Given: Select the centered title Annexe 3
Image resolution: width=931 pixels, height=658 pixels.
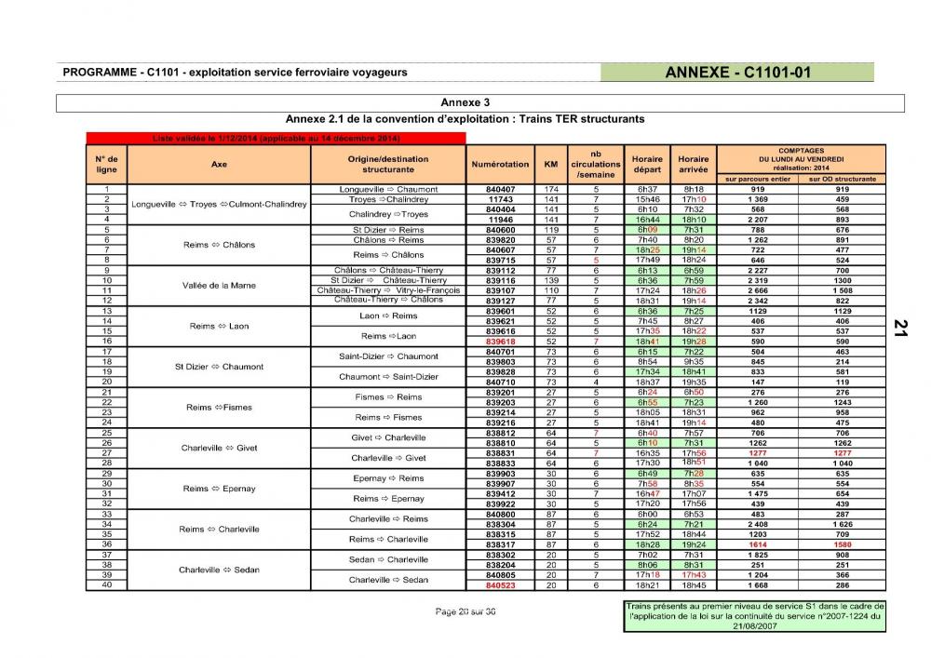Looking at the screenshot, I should pyautogui.click(x=465, y=102).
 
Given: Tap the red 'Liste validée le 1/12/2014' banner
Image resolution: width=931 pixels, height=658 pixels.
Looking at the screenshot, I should pyautogui.click(x=276, y=139).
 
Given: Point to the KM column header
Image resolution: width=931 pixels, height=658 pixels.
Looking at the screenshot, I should pyautogui.click(x=550, y=164).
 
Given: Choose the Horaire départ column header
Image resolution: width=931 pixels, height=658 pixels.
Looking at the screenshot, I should pyautogui.click(x=647, y=164).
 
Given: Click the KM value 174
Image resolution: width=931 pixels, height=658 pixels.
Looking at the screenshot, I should pyautogui.click(x=550, y=189).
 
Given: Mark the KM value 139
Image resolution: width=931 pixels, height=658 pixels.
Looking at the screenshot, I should pyautogui.click(x=550, y=280).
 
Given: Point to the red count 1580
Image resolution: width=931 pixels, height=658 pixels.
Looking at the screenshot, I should pyautogui.click(x=842, y=544).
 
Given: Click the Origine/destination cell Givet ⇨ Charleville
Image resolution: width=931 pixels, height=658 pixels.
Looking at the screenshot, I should pyautogui.click(x=388, y=437).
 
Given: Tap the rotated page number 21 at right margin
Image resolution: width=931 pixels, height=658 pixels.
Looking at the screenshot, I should pyautogui.click(x=900, y=327).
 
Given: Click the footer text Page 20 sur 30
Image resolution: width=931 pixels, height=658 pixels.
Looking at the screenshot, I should pyautogui.click(x=465, y=611).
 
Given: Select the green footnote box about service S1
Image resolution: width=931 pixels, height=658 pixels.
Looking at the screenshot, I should pyautogui.click(x=755, y=616).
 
